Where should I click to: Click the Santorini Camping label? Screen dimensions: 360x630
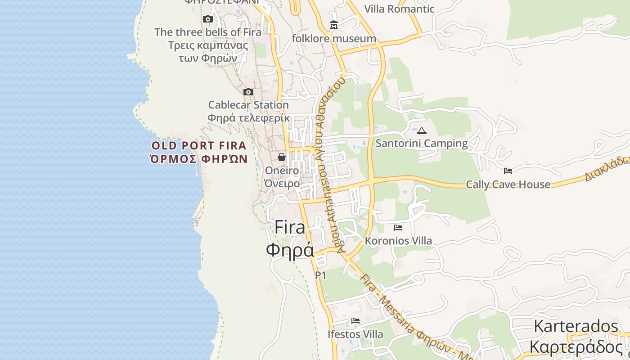422,144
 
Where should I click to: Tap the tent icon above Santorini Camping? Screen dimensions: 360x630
421,131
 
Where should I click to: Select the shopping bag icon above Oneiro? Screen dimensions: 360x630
282,157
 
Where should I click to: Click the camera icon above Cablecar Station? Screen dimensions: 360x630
248,92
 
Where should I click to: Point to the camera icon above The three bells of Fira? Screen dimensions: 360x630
207,19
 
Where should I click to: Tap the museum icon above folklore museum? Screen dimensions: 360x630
333,25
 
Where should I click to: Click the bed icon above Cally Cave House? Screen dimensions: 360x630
508,171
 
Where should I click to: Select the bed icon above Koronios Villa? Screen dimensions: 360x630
398,228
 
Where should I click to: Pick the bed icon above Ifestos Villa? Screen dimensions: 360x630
355,321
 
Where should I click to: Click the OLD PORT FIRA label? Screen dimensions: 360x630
199,145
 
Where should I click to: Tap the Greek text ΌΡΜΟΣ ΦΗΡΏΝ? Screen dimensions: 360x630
199,159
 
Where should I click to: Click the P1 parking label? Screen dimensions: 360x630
320,275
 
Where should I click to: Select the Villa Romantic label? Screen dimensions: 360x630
399,9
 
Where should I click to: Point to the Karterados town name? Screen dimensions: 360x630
576,326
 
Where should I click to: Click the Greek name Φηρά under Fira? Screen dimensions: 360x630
290,250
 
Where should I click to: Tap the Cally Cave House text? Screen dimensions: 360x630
508,184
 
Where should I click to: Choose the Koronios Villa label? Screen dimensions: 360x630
398,241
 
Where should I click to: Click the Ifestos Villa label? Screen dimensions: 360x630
355,334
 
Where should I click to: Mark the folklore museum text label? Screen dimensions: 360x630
334,39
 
